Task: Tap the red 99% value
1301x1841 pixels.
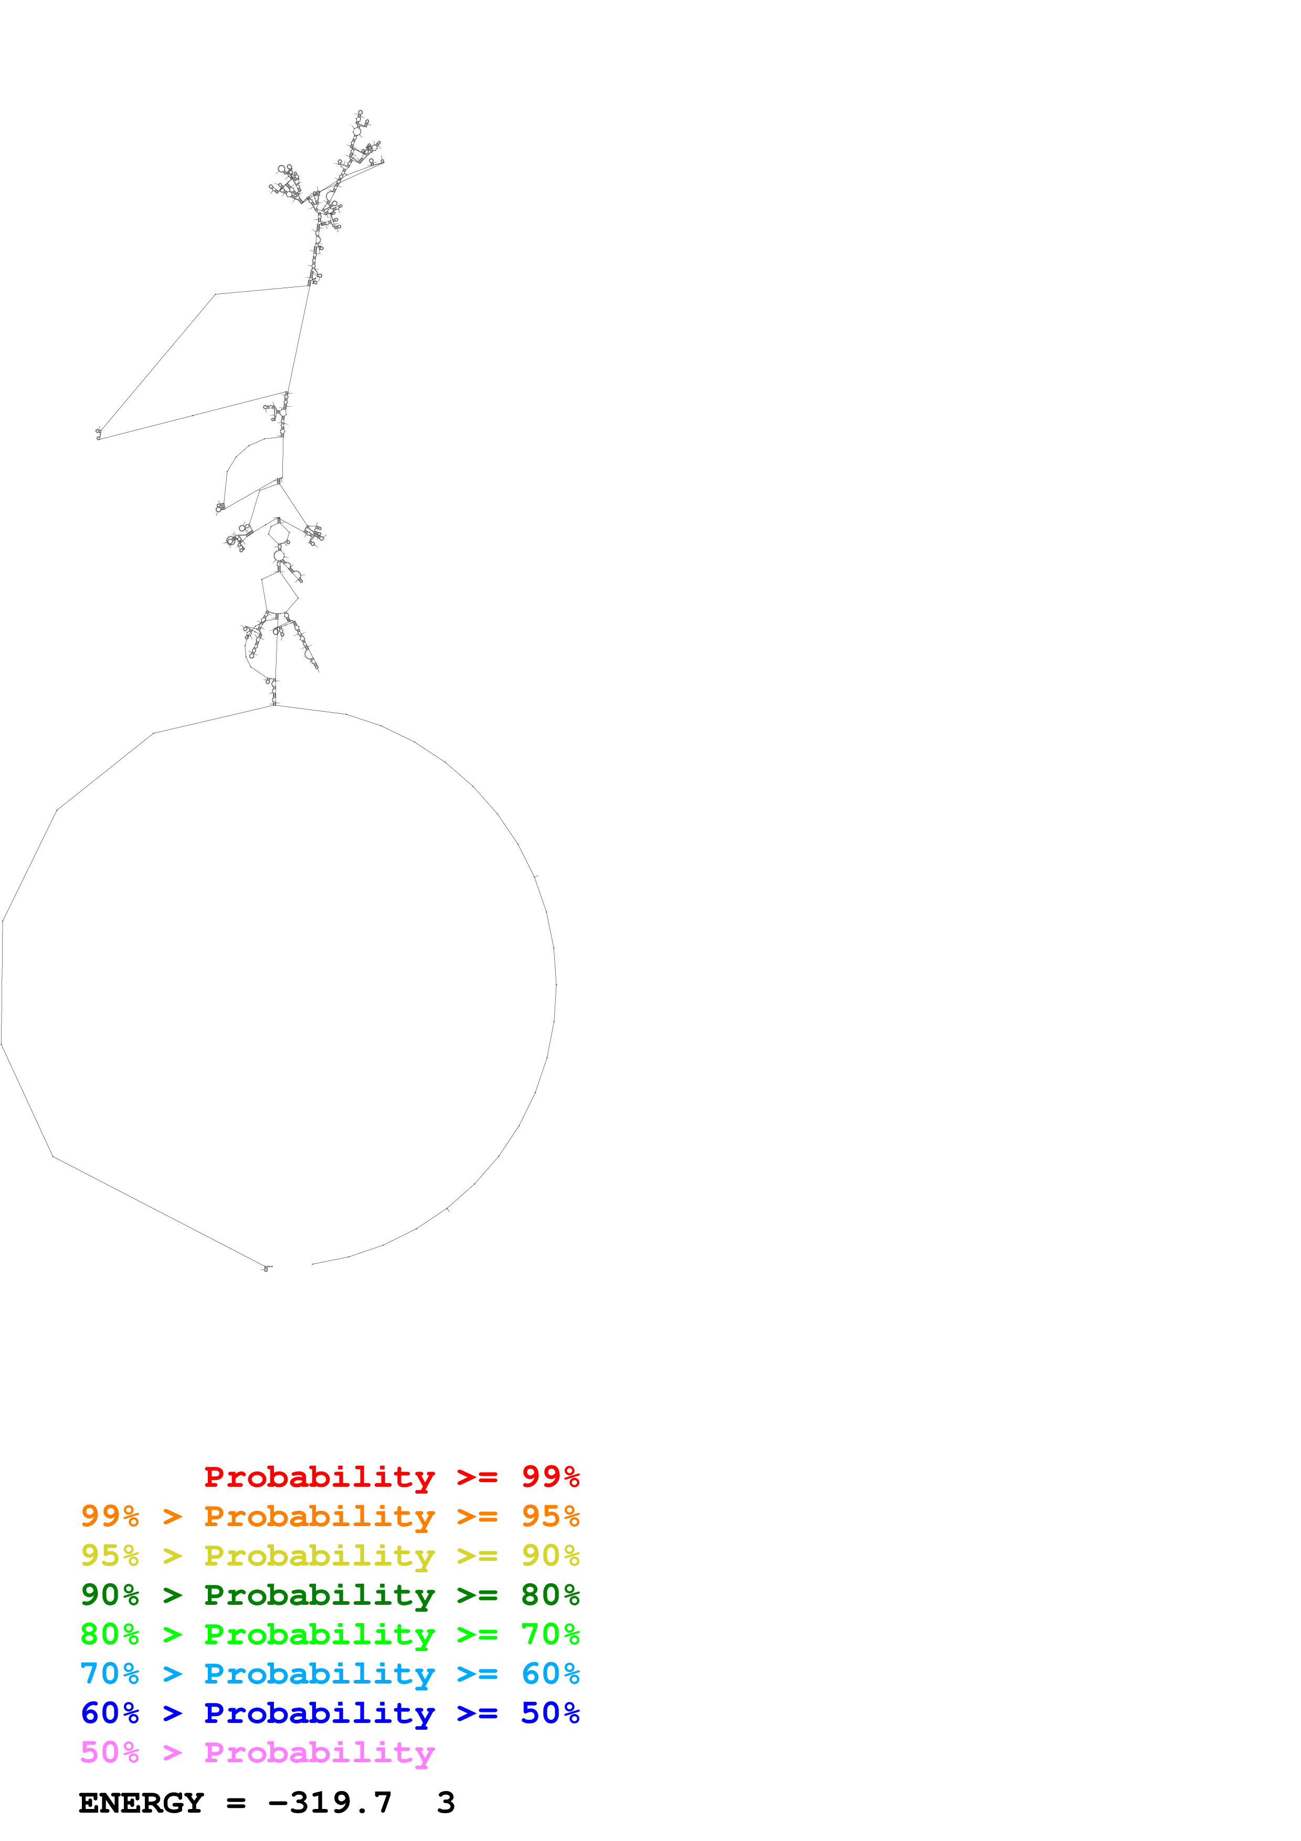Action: click(x=550, y=1476)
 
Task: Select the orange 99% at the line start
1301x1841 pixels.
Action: click(x=110, y=1516)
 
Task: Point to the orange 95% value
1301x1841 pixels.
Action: click(x=550, y=1516)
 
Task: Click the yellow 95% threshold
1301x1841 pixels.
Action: click(x=110, y=1556)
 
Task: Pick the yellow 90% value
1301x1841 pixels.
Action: click(x=550, y=1556)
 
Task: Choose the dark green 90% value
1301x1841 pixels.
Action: click(x=110, y=1595)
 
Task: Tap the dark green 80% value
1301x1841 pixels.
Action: click(x=550, y=1595)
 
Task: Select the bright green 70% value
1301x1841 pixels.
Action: click(x=550, y=1634)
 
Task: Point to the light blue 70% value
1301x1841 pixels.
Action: click(x=110, y=1674)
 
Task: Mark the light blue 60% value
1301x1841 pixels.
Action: click(x=550, y=1674)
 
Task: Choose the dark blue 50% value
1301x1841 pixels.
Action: click(x=550, y=1713)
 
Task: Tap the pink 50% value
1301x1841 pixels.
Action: click(x=110, y=1752)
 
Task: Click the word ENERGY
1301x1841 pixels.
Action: click(x=141, y=1803)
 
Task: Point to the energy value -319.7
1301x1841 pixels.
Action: click(x=330, y=1803)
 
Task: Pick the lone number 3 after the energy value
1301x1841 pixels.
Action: click(x=446, y=1803)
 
